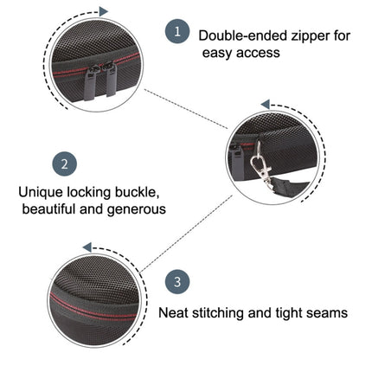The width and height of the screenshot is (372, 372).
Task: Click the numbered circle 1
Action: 176,32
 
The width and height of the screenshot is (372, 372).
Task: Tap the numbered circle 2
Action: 66,164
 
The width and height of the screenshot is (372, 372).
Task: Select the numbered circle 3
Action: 176,281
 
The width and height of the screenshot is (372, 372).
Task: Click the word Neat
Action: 175,312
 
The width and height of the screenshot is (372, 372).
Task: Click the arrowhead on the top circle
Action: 104,11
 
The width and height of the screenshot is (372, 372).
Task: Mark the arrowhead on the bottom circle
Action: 87,247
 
